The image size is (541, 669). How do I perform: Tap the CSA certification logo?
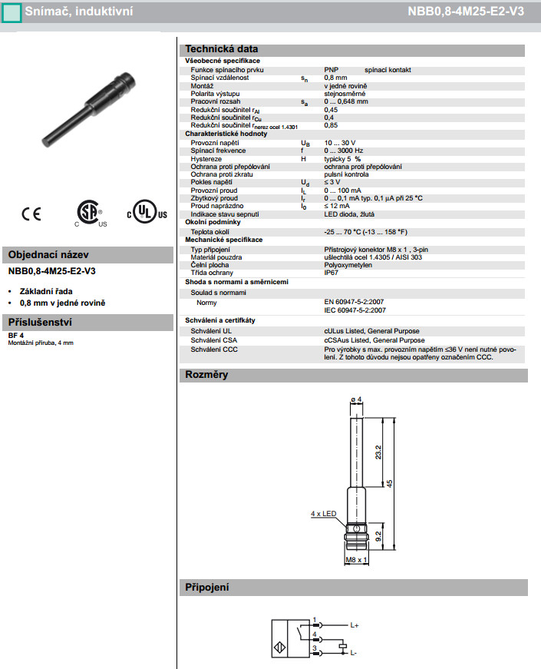tap(90, 214)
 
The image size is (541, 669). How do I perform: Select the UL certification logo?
tap(146, 213)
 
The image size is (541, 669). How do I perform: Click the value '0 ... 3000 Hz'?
tap(349, 151)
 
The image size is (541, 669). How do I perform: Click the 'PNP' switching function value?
tap(332, 70)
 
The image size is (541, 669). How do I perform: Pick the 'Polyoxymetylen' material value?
tap(349, 264)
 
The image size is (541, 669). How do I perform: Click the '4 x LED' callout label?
tap(324, 512)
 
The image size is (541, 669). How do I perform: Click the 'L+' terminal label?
tap(355, 626)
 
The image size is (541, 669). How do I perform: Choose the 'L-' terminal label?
tap(354, 653)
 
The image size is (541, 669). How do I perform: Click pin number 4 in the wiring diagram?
tap(315, 634)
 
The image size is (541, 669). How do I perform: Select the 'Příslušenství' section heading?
tap(40, 322)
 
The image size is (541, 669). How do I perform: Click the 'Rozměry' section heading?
tap(207, 376)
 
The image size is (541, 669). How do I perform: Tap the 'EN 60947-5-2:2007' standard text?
tap(355, 303)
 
